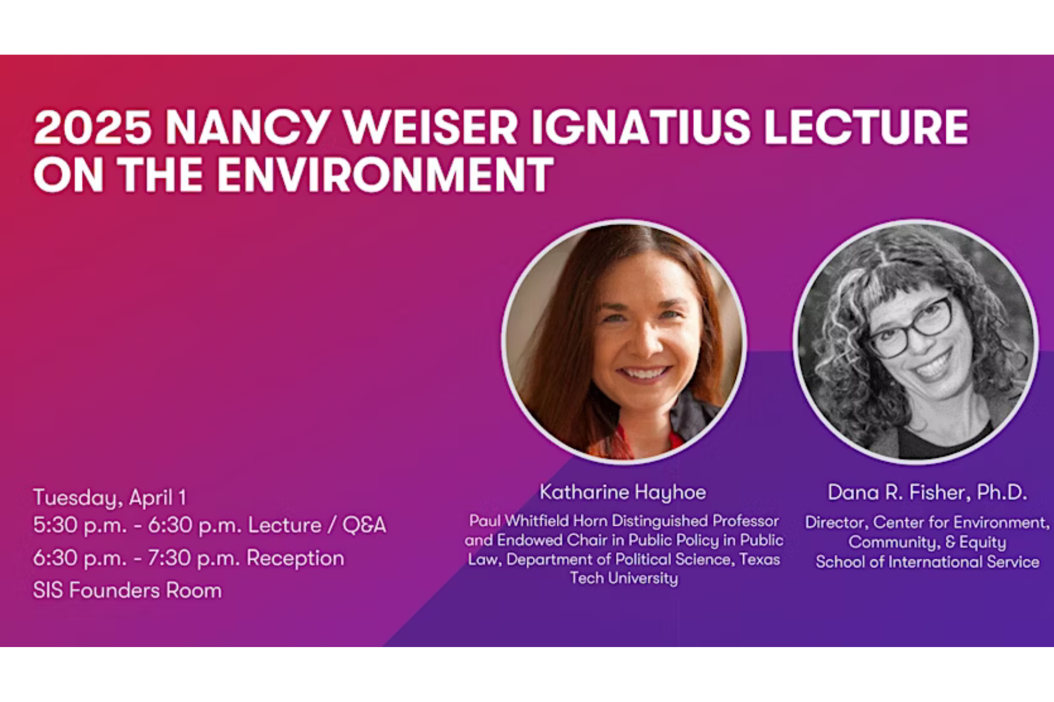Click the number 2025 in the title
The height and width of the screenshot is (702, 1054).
(x=93, y=127)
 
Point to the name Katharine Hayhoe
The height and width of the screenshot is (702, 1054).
(x=622, y=492)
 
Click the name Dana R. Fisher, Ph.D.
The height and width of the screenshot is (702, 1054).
(x=927, y=492)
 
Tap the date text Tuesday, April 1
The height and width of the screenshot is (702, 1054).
(x=109, y=498)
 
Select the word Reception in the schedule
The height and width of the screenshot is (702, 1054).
(x=295, y=558)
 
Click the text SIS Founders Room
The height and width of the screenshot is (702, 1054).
(x=127, y=590)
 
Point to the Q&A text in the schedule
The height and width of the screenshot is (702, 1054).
(x=364, y=525)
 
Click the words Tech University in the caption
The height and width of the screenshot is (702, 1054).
(x=624, y=579)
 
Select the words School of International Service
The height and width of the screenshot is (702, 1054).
(x=927, y=562)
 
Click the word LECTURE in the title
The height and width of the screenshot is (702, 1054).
(x=866, y=127)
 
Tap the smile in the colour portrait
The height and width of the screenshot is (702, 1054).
(x=644, y=373)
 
